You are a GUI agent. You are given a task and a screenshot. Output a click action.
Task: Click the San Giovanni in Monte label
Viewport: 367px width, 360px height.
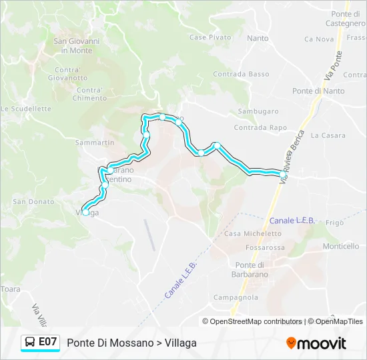pyautogui.click(x=76, y=45)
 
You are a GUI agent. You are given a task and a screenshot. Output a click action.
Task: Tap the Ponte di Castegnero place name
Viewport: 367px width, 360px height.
pyautogui.click(x=348, y=19)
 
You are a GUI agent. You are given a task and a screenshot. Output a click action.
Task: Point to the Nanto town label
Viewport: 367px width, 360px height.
pyautogui.click(x=258, y=39)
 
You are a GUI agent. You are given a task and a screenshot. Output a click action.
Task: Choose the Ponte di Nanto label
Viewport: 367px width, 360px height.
pyautogui.click(x=318, y=91)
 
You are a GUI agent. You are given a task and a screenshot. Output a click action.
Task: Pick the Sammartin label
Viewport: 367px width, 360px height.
pyautogui.click(x=95, y=143)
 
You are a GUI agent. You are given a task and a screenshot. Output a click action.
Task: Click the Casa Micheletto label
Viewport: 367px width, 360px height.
pyautogui.click(x=253, y=233)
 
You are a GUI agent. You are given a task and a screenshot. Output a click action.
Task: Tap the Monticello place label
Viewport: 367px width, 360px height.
pyautogui.click(x=341, y=246)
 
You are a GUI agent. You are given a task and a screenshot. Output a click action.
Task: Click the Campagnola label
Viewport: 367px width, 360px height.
pyautogui.click(x=236, y=297)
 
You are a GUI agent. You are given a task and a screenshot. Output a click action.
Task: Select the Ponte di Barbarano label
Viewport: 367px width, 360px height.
pyautogui.click(x=248, y=269)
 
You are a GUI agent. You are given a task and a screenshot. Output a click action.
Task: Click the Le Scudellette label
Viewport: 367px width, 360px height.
pyautogui.click(x=26, y=109)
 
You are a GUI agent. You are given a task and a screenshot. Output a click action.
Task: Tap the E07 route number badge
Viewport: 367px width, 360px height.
pyautogui.click(x=47, y=342)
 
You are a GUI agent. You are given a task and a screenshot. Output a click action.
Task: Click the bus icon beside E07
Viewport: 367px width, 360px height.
pyautogui.click(x=31, y=342)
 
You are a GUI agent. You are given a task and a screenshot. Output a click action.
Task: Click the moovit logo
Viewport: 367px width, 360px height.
pyautogui.click(x=316, y=343)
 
